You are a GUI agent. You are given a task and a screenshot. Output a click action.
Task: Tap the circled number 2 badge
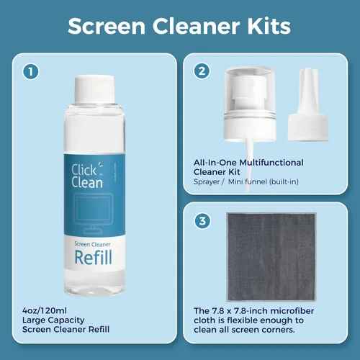click(x=202, y=71)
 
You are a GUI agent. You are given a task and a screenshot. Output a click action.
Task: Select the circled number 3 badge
click(x=202, y=220)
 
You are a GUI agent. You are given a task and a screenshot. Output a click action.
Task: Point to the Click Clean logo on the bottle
click(x=87, y=176)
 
